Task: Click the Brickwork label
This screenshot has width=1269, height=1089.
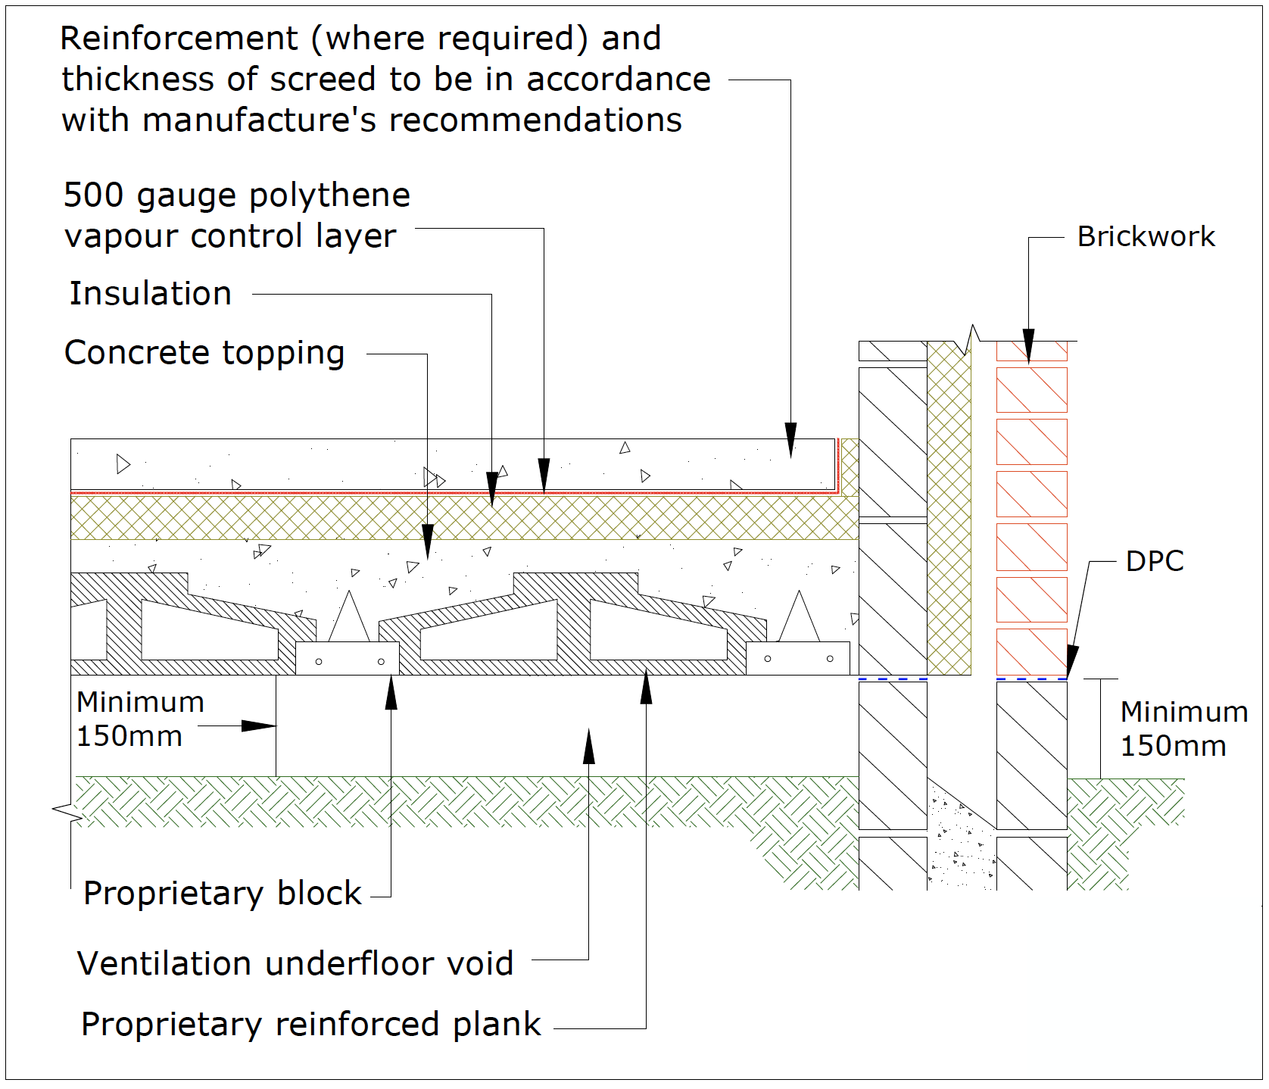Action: pyautogui.click(x=1146, y=237)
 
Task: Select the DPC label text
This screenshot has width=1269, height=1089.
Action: pyautogui.click(x=1155, y=561)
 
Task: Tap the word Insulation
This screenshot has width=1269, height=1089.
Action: pyautogui.click(x=151, y=294)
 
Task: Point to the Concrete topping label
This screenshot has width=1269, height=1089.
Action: pyautogui.click(x=204, y=353)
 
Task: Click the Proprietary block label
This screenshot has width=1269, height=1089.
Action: pyautogui.click(x=222, y=894)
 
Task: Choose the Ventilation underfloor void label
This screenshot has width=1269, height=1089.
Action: pyautogui.click(x=295, y=964)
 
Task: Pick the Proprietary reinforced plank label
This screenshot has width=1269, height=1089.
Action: pyautogui.click(x=310, y=1025)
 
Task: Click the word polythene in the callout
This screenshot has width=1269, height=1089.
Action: pyautogui.click(x=329, y=195)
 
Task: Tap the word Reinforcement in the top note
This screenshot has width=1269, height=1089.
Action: pyautogui.click(x=179, y=39)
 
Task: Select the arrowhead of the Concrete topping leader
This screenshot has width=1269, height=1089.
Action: pyautogui.click(x=428, y=542)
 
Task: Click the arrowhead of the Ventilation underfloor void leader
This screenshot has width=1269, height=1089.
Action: pyautogui.click(x=589, y=746)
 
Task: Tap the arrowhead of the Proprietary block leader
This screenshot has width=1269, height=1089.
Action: pyautogui.click(x=391, y=691)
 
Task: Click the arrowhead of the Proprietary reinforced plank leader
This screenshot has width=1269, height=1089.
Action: pyautogui.click(x=646, y=688)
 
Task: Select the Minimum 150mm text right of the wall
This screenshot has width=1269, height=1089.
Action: pyautogui.click(x=1183, y=729)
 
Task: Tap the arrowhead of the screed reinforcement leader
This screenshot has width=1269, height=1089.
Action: pyautogui.click(x=790, y=441)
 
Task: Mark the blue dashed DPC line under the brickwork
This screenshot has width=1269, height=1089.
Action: pyautogui.click(x=1031, y=679)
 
